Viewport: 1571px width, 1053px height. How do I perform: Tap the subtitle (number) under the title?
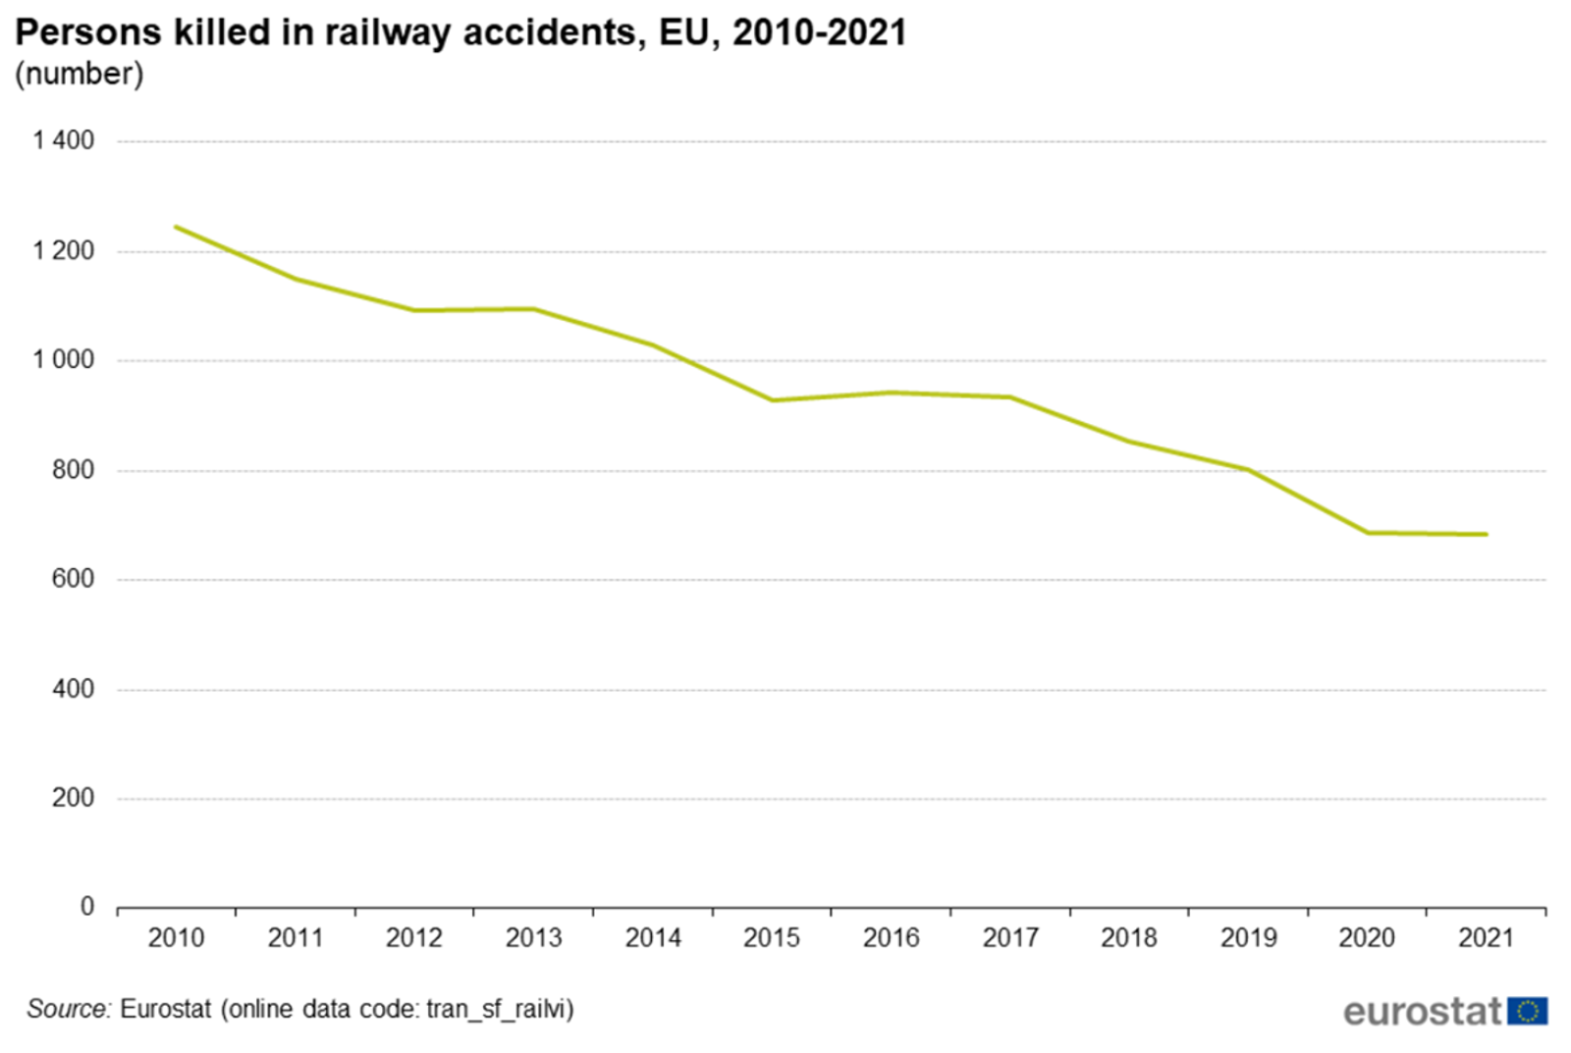[x=79, y=74]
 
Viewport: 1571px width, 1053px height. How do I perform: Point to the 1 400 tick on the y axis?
[x=64, y=140]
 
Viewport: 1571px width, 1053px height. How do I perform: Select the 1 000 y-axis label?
[x=64, y=360]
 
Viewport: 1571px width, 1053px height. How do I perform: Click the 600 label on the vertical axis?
[x=73, y=579]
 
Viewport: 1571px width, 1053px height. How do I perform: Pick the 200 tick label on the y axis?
[x=73, y=798]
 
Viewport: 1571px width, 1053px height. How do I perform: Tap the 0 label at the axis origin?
[x=87, y=907]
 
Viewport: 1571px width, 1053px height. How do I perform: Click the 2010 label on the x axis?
[x=176, y=938]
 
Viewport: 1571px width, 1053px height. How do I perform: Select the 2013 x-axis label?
[x=533, y=938]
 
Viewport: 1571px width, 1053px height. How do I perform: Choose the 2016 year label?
[x=891, y=938]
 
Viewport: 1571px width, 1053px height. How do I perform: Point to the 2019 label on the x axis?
[x=1248, y=938]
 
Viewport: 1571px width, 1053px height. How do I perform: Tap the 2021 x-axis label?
[x=1486, y=938]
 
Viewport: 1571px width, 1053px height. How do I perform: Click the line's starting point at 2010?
[x=177, y=227]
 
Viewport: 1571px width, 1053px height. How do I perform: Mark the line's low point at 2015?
[x=772, y=400]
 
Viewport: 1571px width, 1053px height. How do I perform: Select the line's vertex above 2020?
[x=1367, y=533]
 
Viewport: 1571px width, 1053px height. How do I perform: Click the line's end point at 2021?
[x=1486, y=535]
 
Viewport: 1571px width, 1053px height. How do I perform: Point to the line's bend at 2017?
[x=1010, y=397]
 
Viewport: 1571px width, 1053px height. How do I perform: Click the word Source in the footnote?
[x=68, y=1009]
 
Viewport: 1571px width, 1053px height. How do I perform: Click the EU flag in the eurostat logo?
[x=1527, y=1011]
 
